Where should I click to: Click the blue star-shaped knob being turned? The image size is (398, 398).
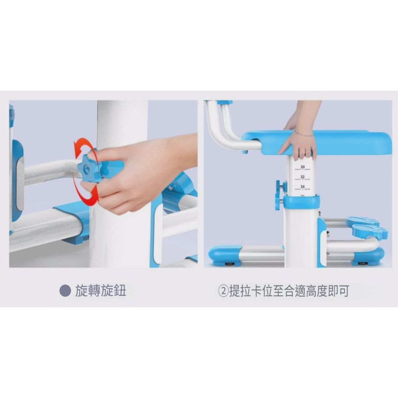point(89,166)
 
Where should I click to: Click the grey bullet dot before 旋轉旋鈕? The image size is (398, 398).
point(65,291)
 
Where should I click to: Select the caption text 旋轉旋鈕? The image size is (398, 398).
point(101,291)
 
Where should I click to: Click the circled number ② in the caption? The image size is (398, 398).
point(223,291)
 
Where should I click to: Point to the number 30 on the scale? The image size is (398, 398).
point(302,167)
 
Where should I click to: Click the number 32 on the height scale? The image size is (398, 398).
point(302,177)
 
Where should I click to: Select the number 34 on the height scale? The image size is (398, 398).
point(302,187)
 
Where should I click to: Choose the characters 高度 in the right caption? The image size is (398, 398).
point(317,291)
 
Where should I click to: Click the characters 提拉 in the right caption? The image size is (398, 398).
point(240,291)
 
